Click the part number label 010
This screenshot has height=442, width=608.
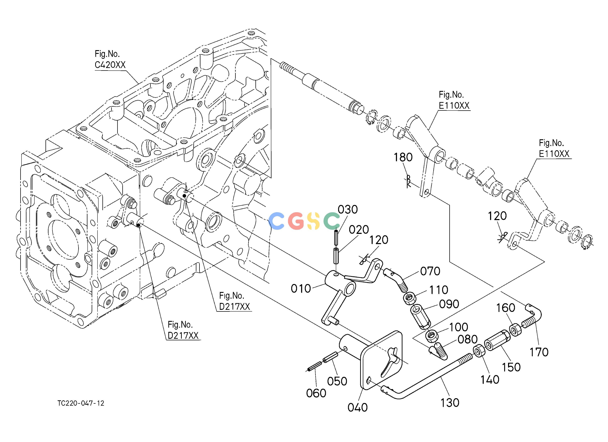pos(301,289)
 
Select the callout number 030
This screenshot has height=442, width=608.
pos(348,210)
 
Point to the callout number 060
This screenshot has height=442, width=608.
pos(316,393)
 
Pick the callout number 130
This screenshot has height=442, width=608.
pos(450,403)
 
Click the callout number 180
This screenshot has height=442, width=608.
pos(403,157)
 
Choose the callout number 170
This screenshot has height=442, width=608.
pos(539,352)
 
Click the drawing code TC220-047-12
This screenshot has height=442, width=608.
pos(81,403)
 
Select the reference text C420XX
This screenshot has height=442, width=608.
pos(110,65)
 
